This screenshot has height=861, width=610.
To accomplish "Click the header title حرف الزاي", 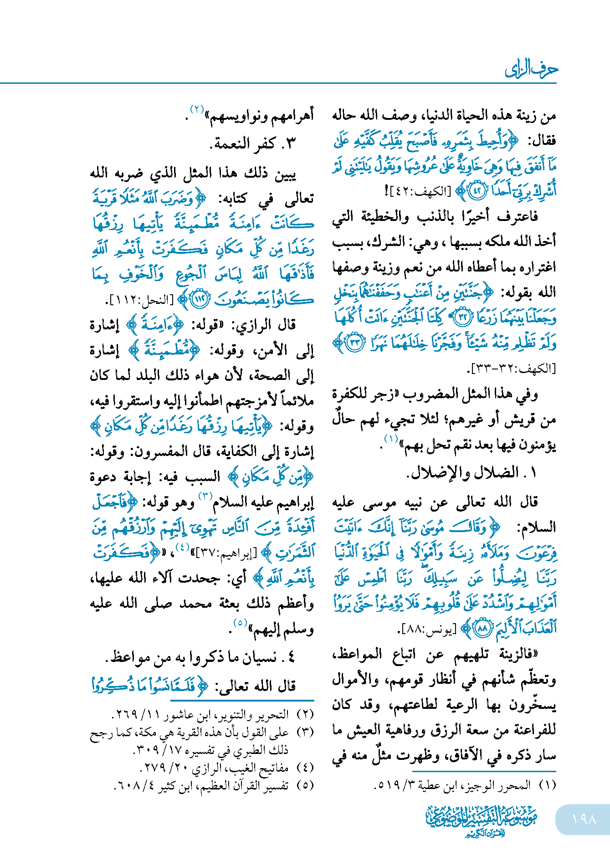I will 531,70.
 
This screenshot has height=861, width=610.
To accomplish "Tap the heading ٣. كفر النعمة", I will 253,143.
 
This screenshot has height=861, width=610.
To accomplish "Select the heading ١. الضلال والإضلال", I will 472,472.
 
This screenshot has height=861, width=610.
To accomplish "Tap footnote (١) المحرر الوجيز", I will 465,785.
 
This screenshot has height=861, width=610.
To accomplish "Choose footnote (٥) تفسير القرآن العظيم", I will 214,785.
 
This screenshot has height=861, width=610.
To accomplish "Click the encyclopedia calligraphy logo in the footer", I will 482,821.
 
